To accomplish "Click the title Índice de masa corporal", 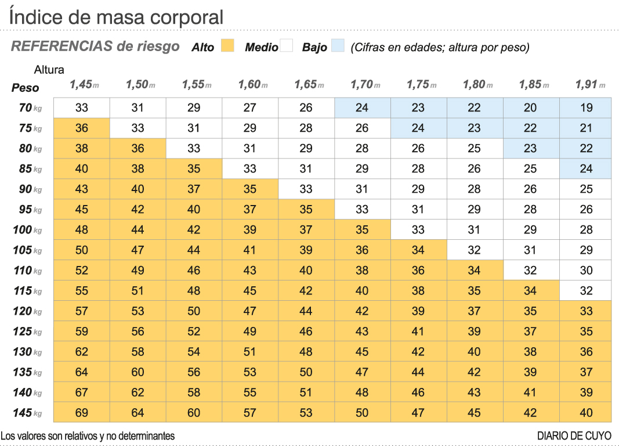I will point(116,17).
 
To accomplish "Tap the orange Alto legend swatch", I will point(227,46).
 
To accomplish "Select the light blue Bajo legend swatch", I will point(338,46).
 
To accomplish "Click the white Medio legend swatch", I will point(287,46).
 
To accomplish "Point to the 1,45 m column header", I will point(84,85).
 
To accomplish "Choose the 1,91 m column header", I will point(589,85).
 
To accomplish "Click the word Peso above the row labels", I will point(26,88).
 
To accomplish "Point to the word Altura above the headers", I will point(49,70).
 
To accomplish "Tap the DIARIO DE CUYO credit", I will point(574,436).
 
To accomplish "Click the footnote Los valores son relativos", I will point(88,436).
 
